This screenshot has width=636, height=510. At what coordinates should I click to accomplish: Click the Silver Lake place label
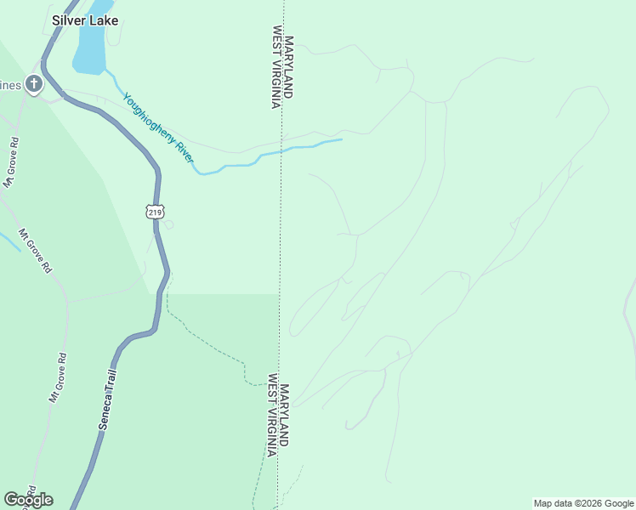(x=84, y=20)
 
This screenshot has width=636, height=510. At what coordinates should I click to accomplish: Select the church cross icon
(x=33, y=83)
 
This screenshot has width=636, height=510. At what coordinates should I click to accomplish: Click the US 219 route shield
(x=154, y=212)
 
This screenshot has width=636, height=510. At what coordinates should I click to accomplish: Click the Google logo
(x=28, y=499)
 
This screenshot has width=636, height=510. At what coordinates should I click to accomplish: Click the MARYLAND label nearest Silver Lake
(x=289, y=66)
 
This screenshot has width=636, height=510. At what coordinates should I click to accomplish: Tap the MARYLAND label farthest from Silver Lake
(x=285, y=414)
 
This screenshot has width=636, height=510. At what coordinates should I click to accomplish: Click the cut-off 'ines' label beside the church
(x=9, y=85)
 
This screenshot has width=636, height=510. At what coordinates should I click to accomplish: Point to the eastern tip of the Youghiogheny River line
(x=341, y=139)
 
